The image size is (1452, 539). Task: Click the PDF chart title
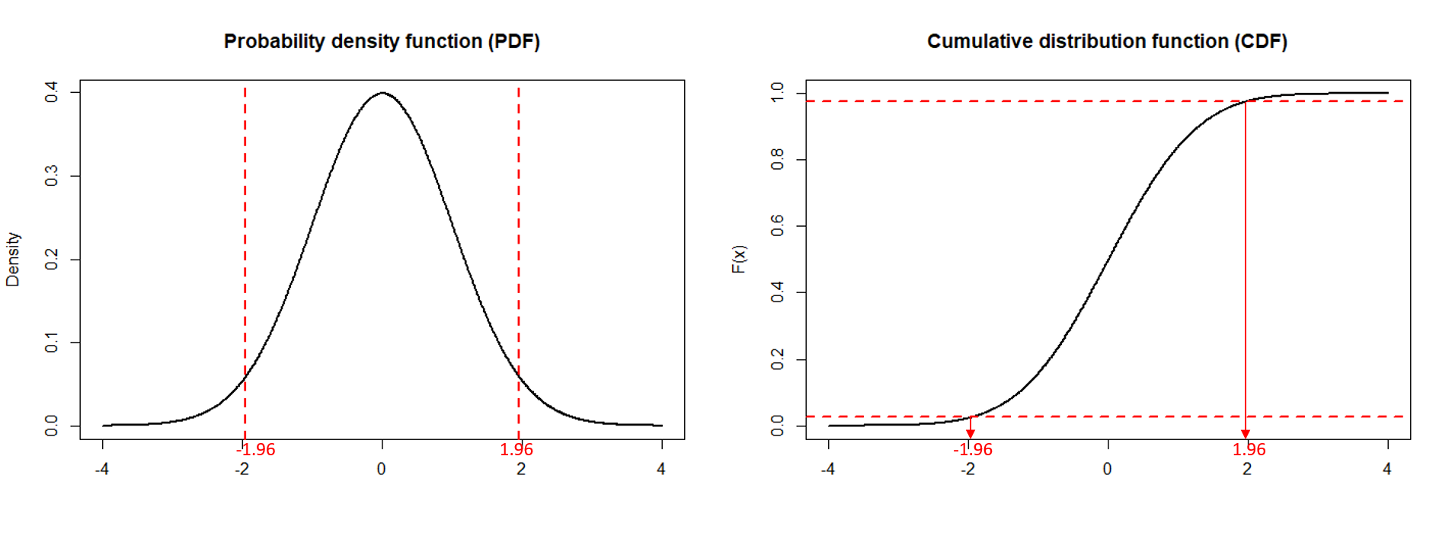pos(382,41)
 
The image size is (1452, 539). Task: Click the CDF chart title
pos(1107,41)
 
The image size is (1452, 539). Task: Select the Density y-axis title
pos(12,260)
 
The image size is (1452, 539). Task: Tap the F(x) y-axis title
pos(738,260)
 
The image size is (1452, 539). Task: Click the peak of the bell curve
pos(382,93)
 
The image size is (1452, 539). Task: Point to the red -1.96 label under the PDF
pos(256,449)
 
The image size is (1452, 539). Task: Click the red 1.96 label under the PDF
pos(517,449)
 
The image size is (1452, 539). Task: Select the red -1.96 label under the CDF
pos(973,449)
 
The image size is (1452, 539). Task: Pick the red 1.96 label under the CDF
pos(1249,449)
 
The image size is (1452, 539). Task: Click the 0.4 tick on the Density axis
pos(51,93)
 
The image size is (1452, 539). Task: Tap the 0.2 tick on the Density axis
pos(51,260)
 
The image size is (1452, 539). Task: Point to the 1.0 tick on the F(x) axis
pos(777,93)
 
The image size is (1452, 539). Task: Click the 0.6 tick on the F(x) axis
pos(777,226)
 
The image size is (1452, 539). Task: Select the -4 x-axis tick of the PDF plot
pos(102,469)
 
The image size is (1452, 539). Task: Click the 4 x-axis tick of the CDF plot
pos(1387,469)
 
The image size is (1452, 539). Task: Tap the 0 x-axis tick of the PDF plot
pos(382,469)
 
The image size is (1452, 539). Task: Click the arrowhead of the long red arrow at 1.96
pos(1246,434)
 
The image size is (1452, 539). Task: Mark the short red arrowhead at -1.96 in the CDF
pos(971,433)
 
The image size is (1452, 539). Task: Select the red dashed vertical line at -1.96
pos(245,228)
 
